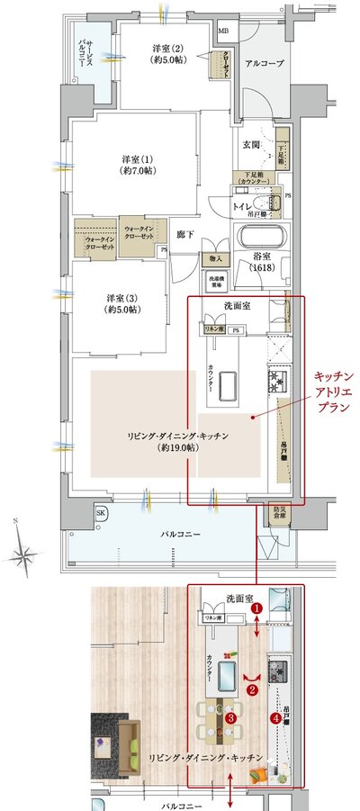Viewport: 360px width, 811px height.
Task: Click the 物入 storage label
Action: [216, 259]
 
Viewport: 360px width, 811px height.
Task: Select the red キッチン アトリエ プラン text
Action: [334, 392]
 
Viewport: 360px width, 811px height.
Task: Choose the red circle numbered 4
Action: [274, 717]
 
